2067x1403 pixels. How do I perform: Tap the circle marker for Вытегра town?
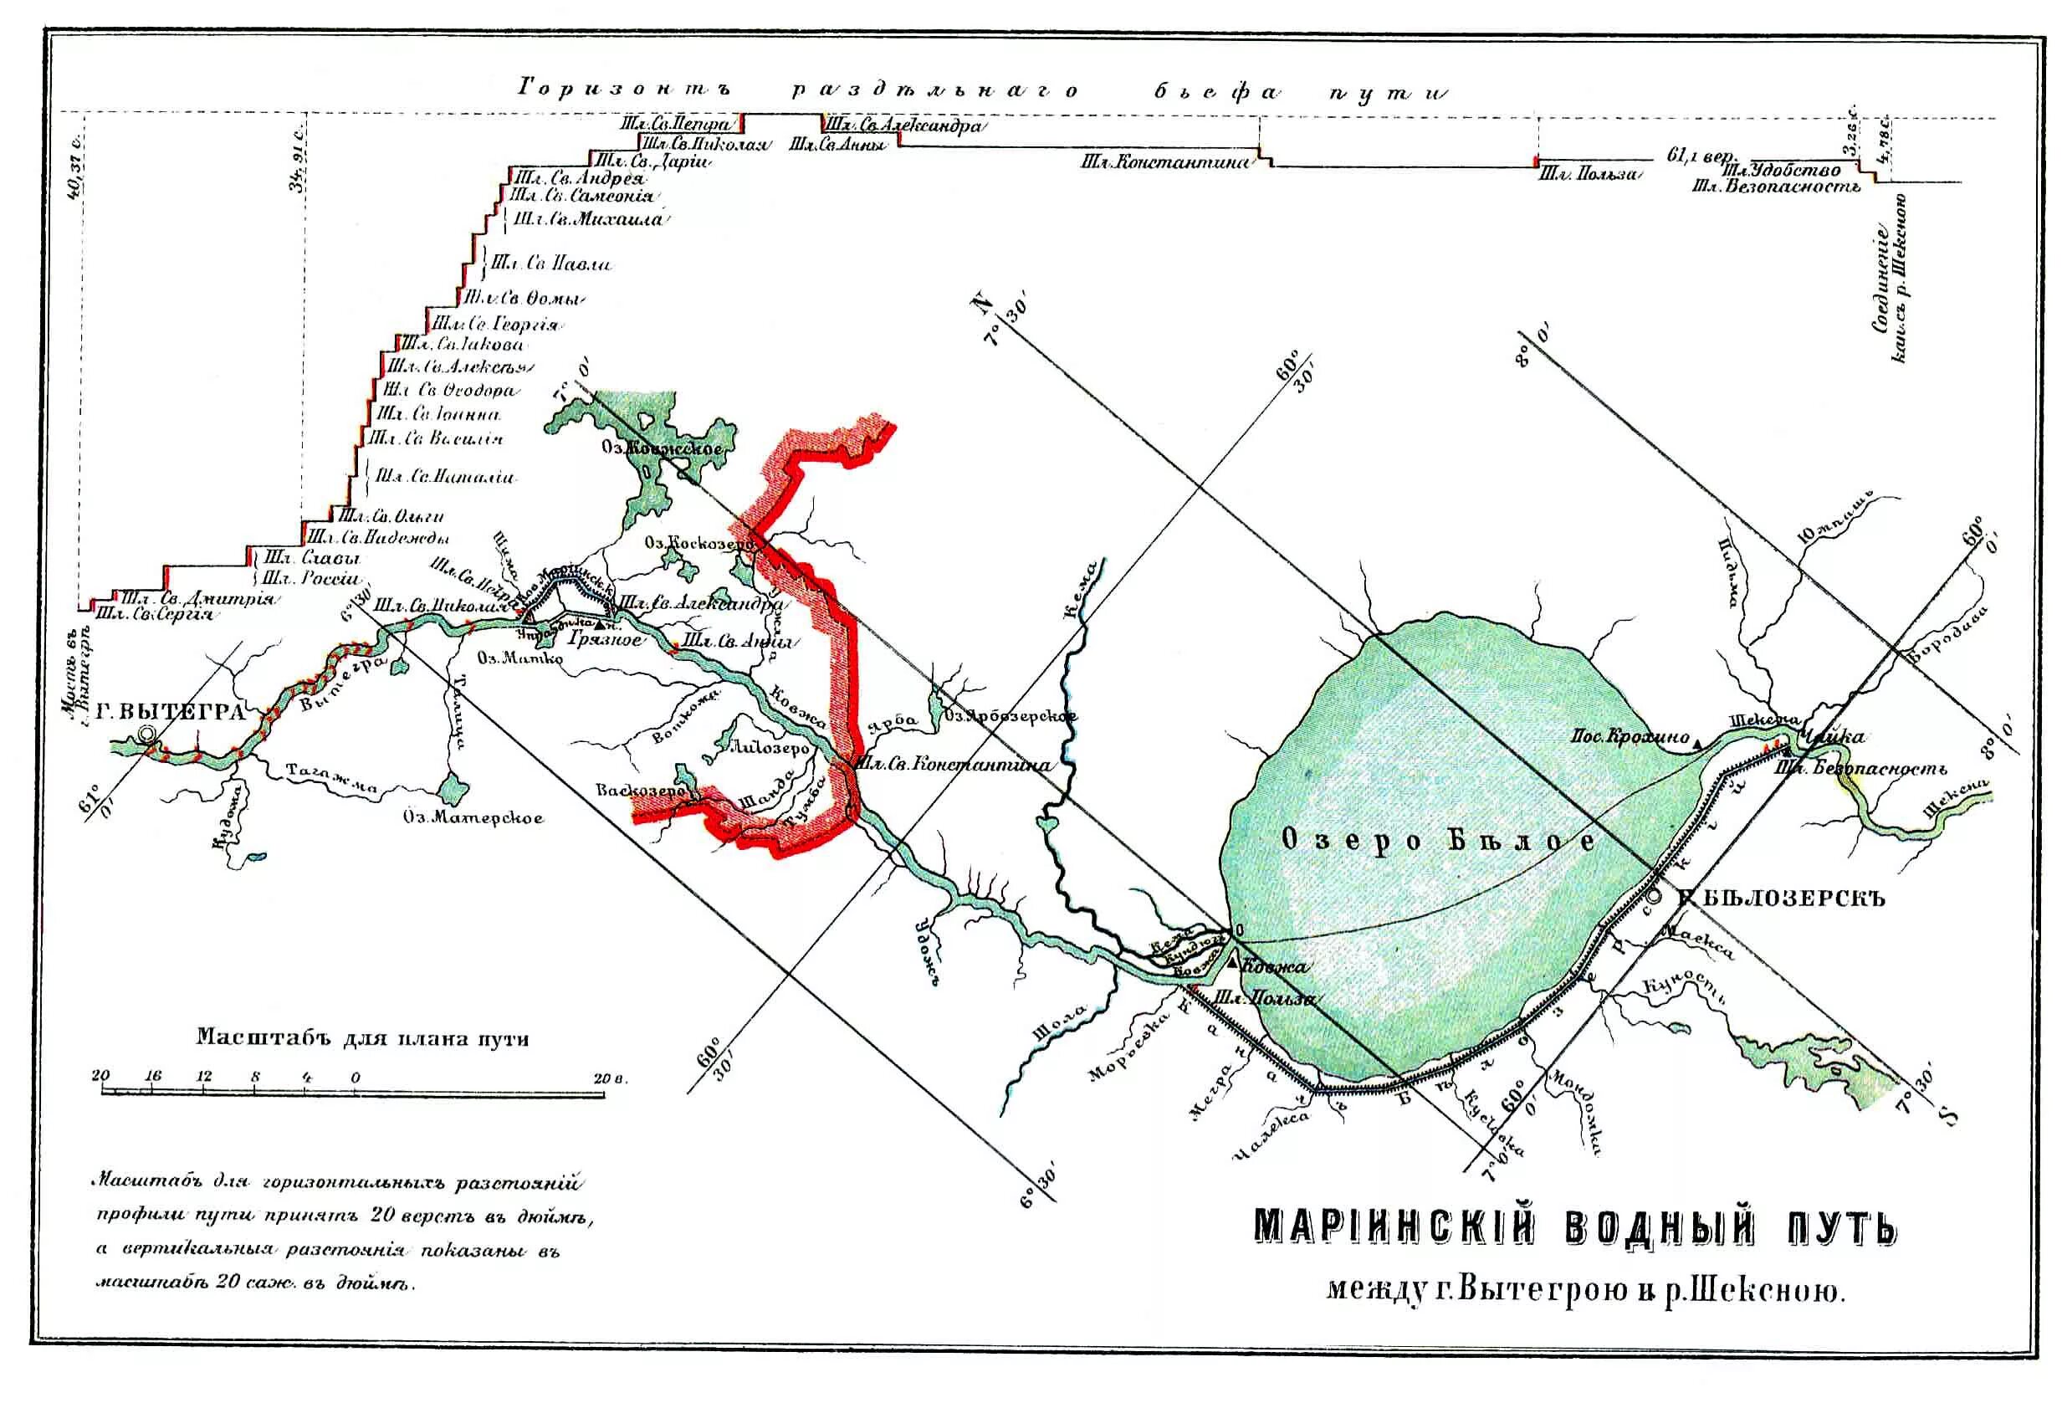point(146,735)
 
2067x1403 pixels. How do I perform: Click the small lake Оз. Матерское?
point(453,786)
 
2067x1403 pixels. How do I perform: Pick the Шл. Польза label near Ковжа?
point(1264,998)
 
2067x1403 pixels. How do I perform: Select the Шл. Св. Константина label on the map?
point(953,763)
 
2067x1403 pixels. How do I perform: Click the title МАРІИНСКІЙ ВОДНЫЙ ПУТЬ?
point(1575,1229)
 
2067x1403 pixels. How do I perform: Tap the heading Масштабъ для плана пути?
point(362,1037)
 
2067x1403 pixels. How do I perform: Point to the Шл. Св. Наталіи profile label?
point(444,477)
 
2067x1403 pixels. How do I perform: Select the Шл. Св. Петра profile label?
point(677,125)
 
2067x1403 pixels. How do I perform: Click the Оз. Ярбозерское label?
point(1011,716)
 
